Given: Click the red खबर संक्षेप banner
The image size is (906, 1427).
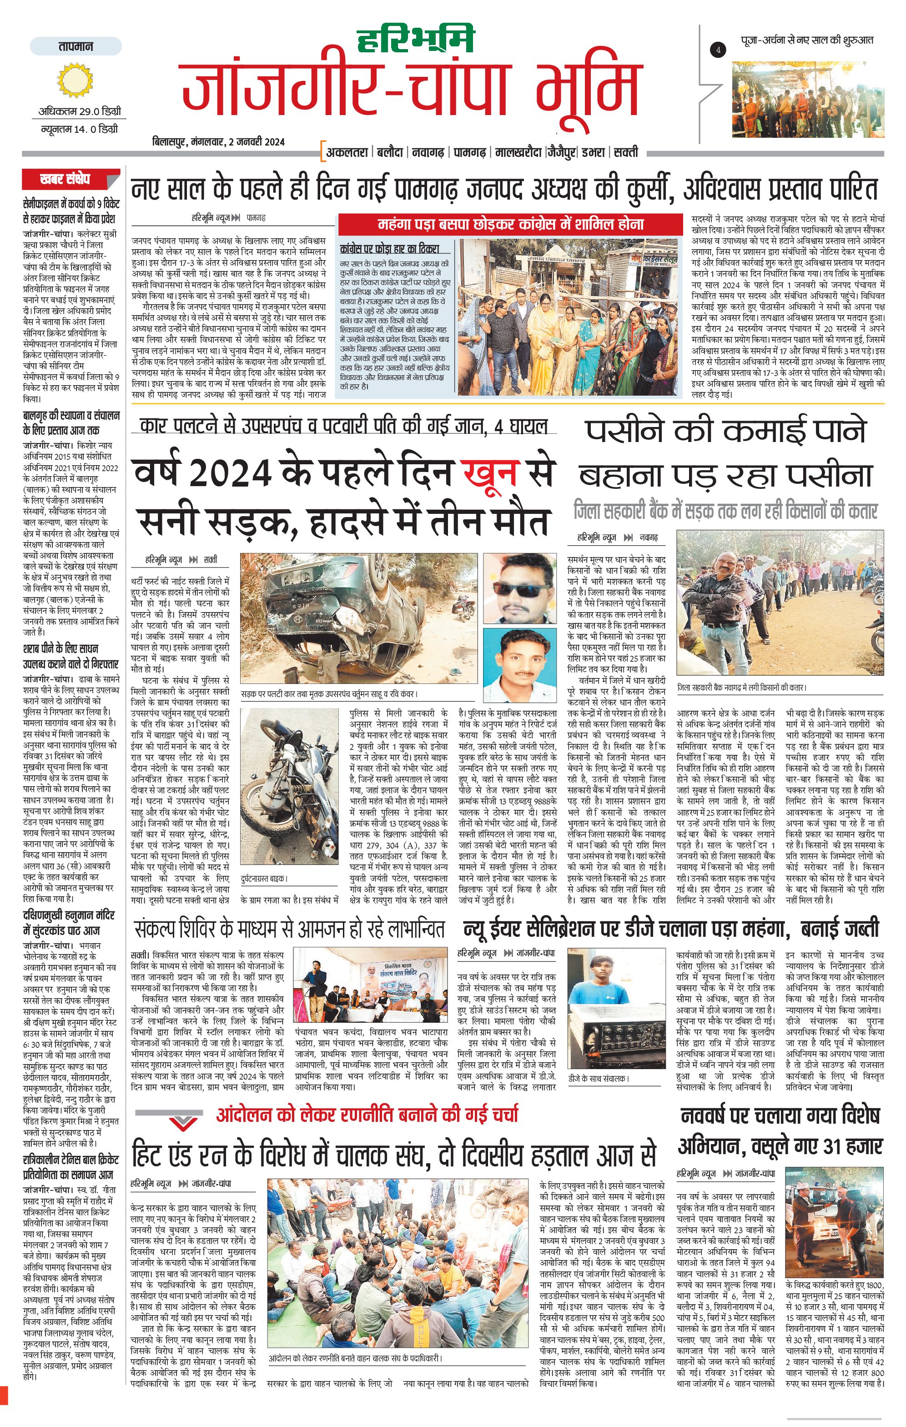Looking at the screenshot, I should point(65,178).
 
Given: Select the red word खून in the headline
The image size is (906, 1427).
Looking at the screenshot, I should point(492,473).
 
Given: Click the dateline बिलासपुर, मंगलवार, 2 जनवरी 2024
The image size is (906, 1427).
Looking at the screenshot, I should point(218,141).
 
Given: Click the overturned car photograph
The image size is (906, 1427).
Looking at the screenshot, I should point(357,618).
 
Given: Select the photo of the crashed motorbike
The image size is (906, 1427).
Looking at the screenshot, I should point(289,788).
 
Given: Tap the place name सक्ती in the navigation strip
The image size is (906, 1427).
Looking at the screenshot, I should point(626,152).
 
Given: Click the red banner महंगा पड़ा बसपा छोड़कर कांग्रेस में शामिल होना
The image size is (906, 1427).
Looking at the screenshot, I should point(511,225).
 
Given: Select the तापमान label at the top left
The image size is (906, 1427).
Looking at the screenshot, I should point(76,46).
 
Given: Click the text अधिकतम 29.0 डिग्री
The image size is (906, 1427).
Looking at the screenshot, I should point(80,111).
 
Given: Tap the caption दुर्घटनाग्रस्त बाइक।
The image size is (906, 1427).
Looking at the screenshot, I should point(264,878).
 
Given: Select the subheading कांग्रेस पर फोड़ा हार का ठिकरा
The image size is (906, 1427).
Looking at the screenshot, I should point(389,248).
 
